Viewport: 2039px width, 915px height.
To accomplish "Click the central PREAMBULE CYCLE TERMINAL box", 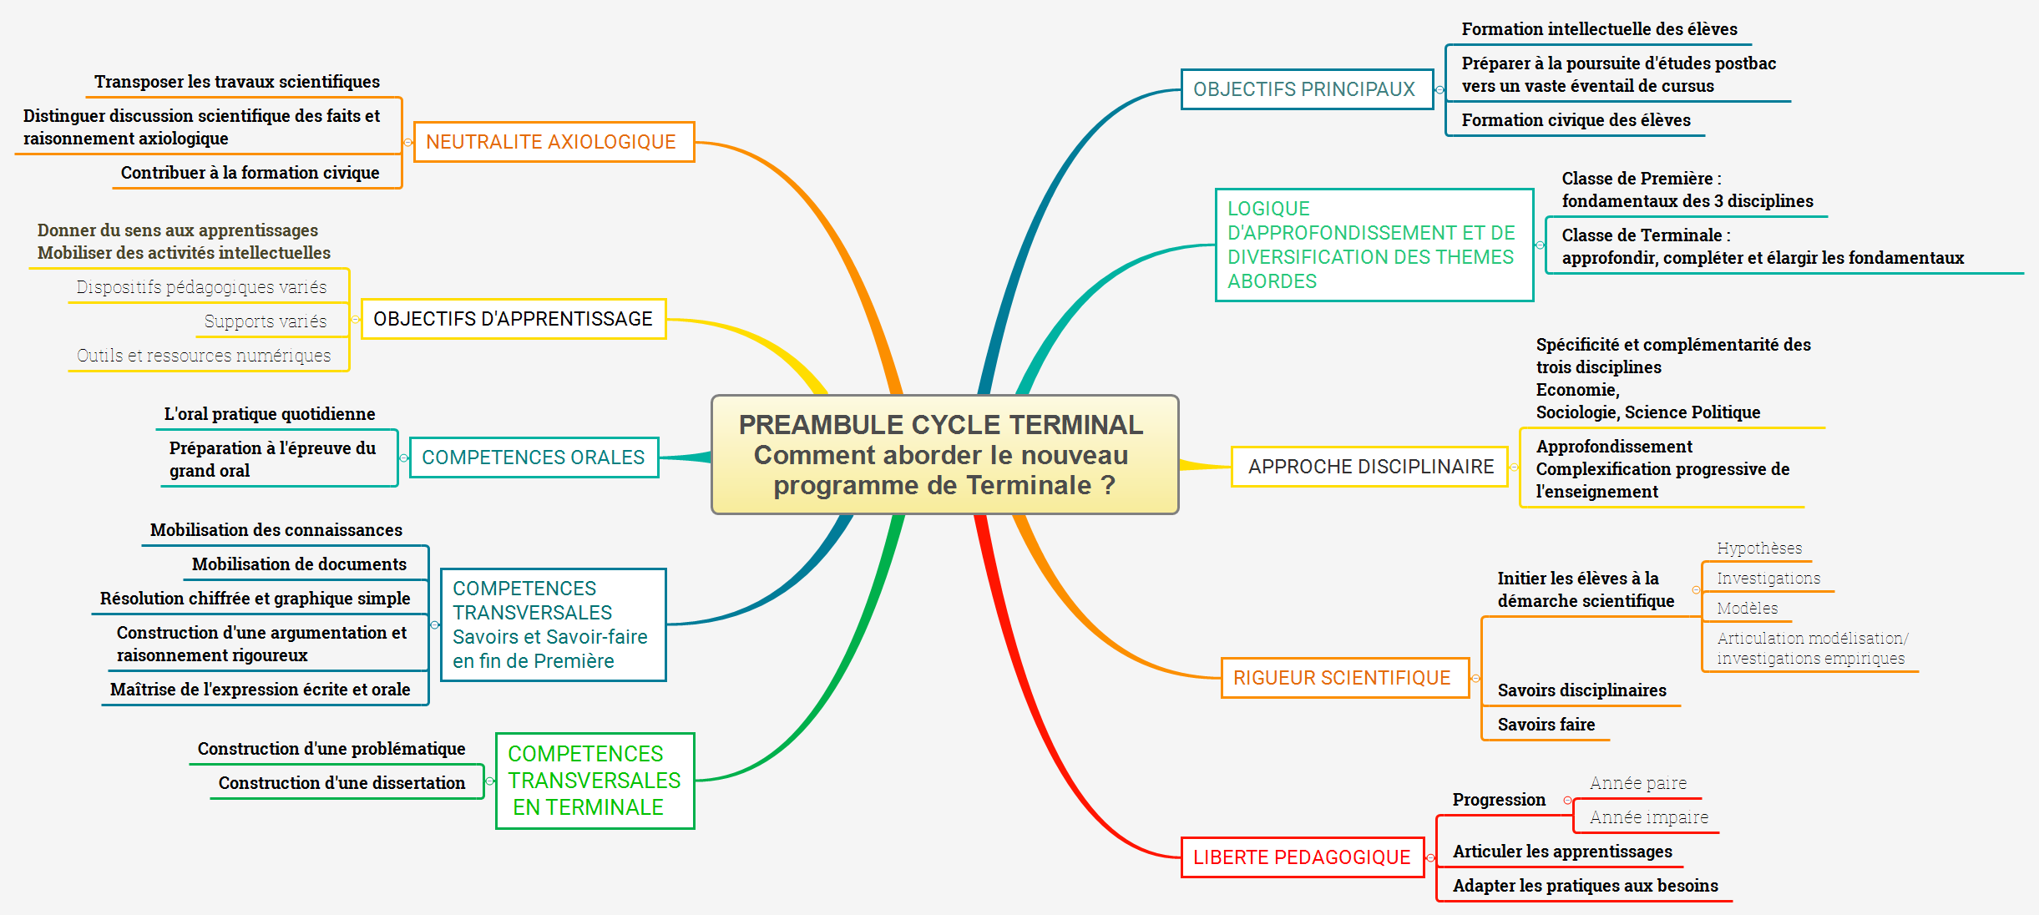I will [944, 455].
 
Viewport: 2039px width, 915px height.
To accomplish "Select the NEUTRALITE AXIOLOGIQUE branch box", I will [554, 142].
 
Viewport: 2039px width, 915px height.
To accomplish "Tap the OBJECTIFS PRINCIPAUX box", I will [1306, 89].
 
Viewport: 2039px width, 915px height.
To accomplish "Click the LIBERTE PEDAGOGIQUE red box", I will [1302, 857].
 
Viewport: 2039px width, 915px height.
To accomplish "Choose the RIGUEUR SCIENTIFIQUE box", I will [1343, 678].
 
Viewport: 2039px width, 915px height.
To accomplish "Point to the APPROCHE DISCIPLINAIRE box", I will [1370, 467].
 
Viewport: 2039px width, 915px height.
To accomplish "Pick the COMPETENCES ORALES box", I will [534, 457].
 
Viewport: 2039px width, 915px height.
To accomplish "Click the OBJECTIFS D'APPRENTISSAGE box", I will [513, 319].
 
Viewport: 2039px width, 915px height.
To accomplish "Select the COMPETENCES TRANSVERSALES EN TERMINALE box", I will [594, 781].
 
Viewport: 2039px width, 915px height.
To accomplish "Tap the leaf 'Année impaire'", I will [1648, 817].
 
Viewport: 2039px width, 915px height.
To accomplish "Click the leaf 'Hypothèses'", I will [1759, 548].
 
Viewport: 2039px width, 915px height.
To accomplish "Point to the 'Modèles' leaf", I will [1747, 609].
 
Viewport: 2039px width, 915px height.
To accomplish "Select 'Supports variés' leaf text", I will [266, 321].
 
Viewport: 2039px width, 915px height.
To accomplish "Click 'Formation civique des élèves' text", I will [1576, 120].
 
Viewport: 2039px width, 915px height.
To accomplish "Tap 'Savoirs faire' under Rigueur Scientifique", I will [1546, 725].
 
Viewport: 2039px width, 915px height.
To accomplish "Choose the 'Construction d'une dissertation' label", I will [342, 783].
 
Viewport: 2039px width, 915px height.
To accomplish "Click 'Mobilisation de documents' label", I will [299, 564].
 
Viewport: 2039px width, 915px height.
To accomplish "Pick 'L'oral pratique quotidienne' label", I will [269, 414].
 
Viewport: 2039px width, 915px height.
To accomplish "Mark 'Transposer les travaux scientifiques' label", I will [236, 82].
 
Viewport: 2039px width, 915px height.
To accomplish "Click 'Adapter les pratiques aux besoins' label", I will [1585, 886].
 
